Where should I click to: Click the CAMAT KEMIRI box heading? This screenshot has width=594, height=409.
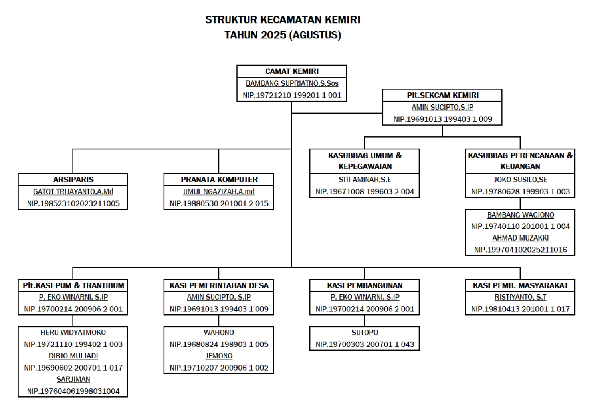coord(292,71)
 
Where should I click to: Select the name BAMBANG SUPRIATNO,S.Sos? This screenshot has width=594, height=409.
coord(292,83)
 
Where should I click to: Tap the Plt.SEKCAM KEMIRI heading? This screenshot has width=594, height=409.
coord(443,95)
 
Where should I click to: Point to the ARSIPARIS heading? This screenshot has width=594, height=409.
coord(73,180)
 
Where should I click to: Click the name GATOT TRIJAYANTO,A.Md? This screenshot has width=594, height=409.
coord(73,192)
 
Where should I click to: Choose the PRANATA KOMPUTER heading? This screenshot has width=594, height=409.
coord(219,180)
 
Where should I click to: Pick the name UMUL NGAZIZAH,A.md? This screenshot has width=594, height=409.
coord(219,192)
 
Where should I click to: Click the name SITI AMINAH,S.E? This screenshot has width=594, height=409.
coord(365,180)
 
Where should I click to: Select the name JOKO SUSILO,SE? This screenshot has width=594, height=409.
coord(520,180)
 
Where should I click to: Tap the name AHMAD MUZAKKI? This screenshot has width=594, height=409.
coord(520,238)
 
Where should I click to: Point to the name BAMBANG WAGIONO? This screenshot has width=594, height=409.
coord(520,215)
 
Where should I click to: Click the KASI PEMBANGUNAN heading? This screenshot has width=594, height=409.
coord(365,286)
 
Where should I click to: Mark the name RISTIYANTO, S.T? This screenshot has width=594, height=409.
coord(520,297)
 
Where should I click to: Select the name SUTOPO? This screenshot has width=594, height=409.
coord(365,333)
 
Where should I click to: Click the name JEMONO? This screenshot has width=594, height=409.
coord(219,356)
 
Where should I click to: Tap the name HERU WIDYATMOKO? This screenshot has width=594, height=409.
coord(73,333)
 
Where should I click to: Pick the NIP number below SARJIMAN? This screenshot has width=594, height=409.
coord(73,391)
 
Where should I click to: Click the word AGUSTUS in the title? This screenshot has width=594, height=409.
coord(315,35)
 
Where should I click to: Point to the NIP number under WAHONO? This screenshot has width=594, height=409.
coord(219,344)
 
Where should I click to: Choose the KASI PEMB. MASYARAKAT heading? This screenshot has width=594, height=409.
coord(520,286)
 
